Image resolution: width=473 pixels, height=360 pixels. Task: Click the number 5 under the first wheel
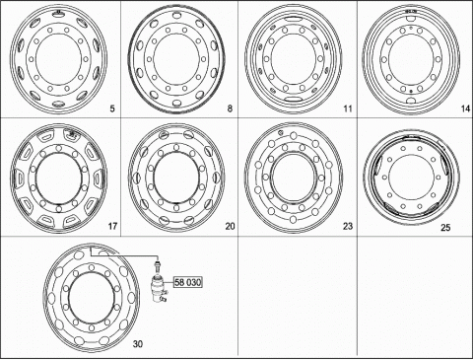click(112, 108)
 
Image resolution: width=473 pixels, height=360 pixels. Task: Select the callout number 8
click(230, 108)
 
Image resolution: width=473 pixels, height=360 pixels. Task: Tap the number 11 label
click(348, 108)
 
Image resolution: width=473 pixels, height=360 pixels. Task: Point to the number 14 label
click(466, 108)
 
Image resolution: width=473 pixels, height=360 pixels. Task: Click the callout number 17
click(112, 226)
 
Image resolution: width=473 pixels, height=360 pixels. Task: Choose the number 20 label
click(230, 226)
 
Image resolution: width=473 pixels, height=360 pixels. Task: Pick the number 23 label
click(348, 226)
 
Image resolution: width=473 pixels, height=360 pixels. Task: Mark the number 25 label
click(445, 227)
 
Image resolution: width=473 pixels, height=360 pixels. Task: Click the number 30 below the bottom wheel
click(138, 344)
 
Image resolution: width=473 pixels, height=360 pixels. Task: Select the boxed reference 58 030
click(188, 282)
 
